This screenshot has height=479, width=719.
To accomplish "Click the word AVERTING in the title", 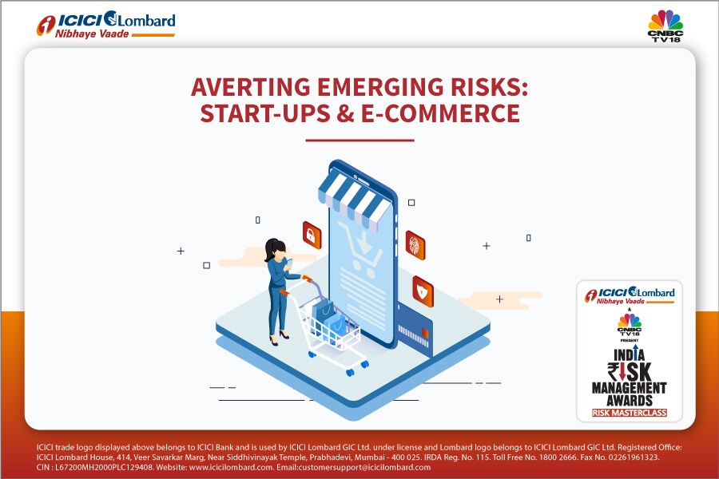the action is coord(251,87).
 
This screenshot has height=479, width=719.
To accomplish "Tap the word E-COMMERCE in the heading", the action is coord(441,113).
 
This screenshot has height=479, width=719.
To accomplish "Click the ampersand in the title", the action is coord(345,113).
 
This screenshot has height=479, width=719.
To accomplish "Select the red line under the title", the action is coord(360,141).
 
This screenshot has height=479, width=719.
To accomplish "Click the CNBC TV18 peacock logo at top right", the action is coord(665,26).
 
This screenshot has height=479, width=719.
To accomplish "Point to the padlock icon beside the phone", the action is coord(312,236).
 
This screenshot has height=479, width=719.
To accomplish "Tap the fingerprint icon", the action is coord(415,245).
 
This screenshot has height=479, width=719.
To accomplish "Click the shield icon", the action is coord(423,291).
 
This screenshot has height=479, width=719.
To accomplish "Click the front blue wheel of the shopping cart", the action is coord(351,372).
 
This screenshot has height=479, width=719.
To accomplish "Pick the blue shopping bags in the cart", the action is coord(329,318).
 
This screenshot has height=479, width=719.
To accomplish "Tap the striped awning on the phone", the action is coord(353,200).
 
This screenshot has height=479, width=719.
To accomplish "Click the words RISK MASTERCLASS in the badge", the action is coord(630,413).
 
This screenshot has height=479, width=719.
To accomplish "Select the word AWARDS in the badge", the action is coord(630,400).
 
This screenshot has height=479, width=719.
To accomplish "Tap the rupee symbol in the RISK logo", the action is coord(614,370).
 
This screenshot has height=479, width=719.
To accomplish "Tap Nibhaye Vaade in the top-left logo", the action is coord(92,34).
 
